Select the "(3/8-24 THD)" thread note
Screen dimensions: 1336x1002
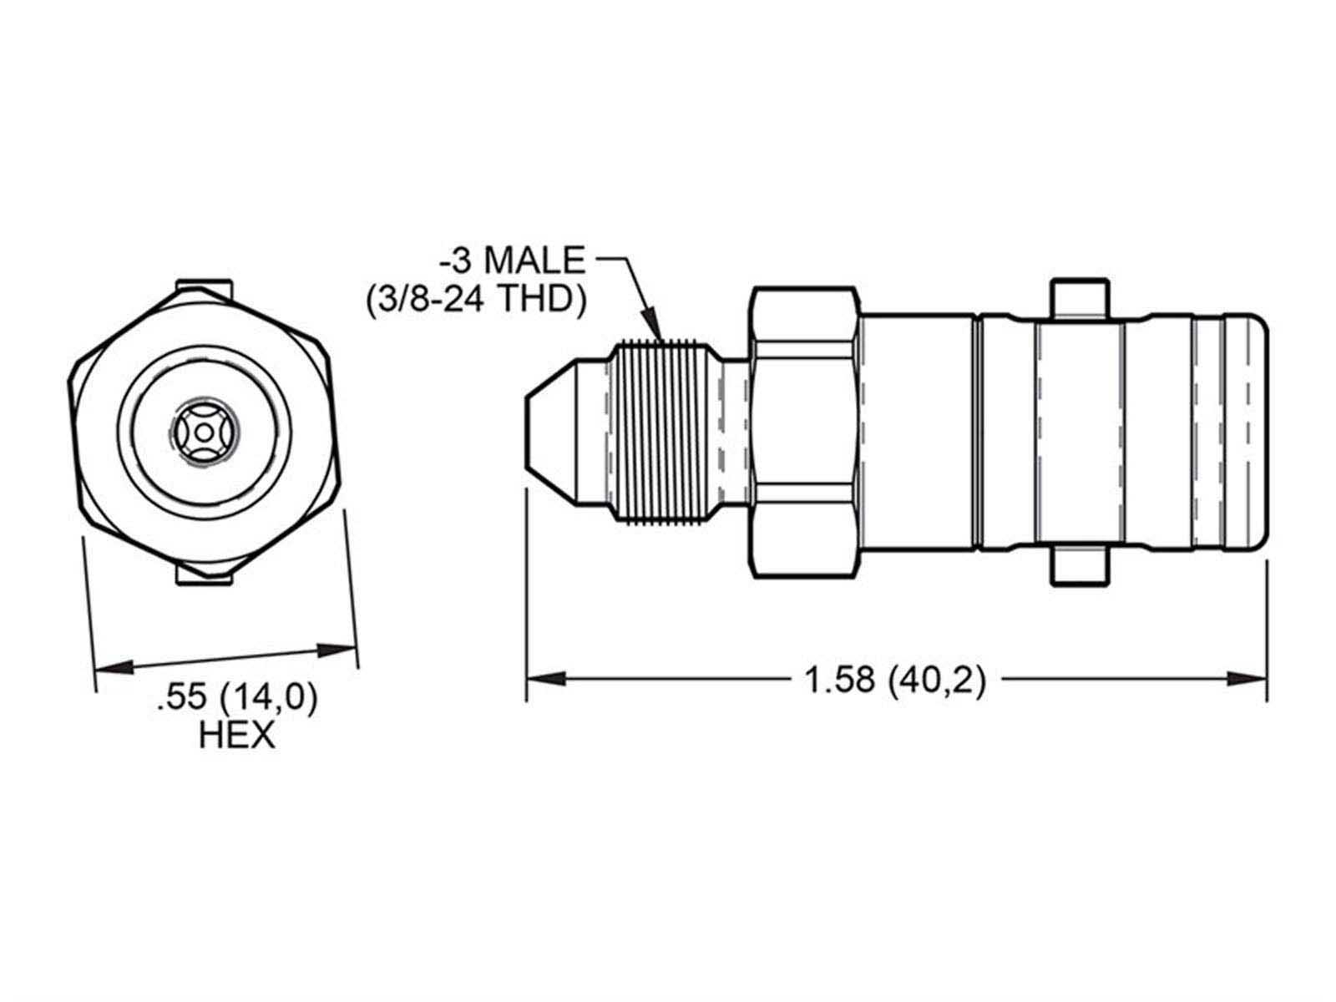(x=477, y=300)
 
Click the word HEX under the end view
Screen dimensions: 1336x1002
(x=237, y=735)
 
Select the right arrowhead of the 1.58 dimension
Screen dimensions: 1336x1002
(x=1247, y=678)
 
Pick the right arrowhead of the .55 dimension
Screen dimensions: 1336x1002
(x=337, y=649)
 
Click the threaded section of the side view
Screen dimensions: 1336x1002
(x=660, y=433)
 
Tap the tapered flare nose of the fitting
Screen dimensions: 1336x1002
(x=567, y=433)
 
